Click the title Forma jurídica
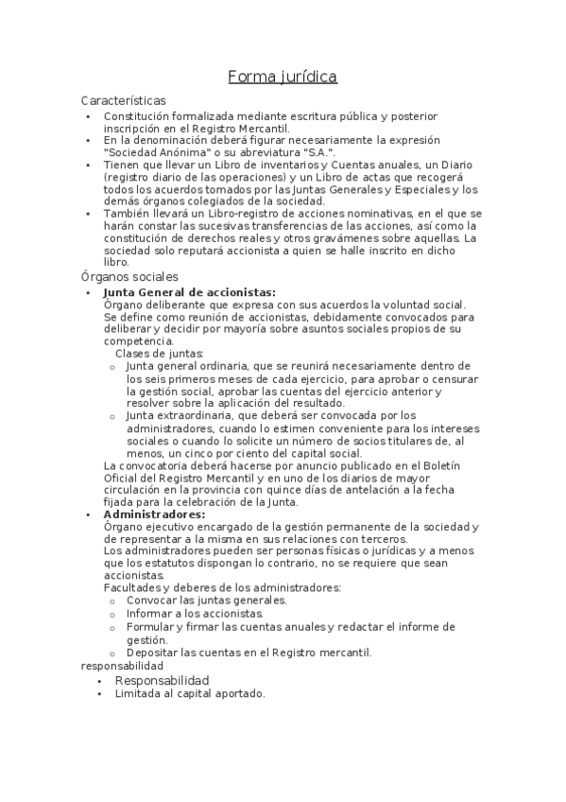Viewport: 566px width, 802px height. tap(283, 77)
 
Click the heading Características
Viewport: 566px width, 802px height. tap(123, 99)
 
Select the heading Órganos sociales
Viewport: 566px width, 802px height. tap(129, 277)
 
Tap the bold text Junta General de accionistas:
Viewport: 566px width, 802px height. tap(189, 293)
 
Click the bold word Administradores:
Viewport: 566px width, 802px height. tap(154, 514)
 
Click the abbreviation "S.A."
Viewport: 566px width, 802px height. tap(317, 151)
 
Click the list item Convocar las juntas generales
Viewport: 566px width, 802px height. tap(206, 600)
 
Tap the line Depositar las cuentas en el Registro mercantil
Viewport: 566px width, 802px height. tap(249, 652)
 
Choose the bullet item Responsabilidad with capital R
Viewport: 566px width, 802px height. tap(162, 680)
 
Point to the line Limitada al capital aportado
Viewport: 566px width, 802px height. tap(190, 693)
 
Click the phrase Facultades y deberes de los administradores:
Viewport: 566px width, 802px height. tap(222, 587)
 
